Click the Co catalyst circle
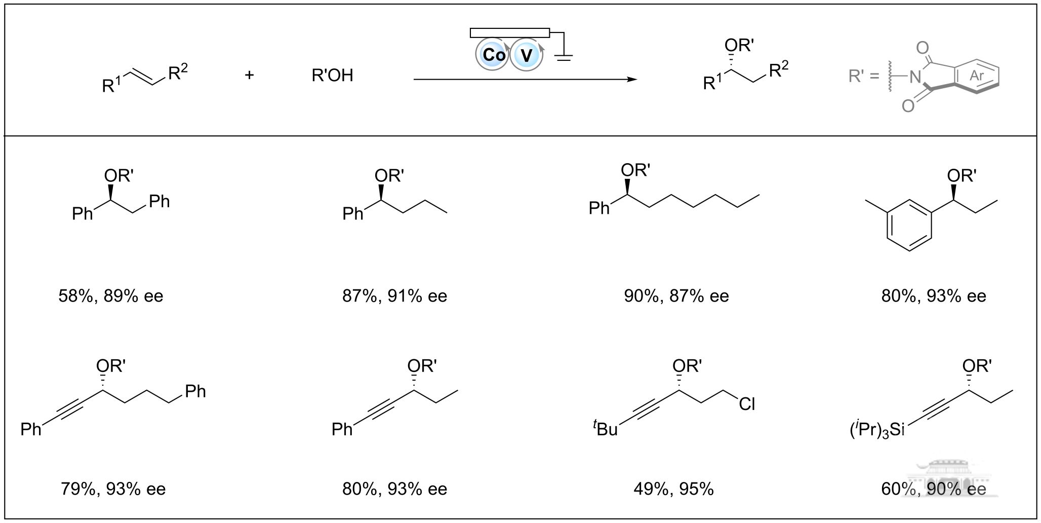coord(492,54)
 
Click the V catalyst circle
coord(527,54)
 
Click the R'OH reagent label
coord(332,76)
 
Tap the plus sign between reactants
coord(249,76)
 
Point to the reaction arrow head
coord(632,80)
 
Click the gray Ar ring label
coord(977,76)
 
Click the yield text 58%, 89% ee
coord(111,296)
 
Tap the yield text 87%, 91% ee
coord(394,296)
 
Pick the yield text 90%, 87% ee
coord(676,296)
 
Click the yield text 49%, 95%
coord(673,489)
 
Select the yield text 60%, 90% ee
coord(934,489)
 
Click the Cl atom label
coord(747,404)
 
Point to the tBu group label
coord(606,429)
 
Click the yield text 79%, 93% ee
coord(113,489)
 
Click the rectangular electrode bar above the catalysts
coord(510,33)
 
